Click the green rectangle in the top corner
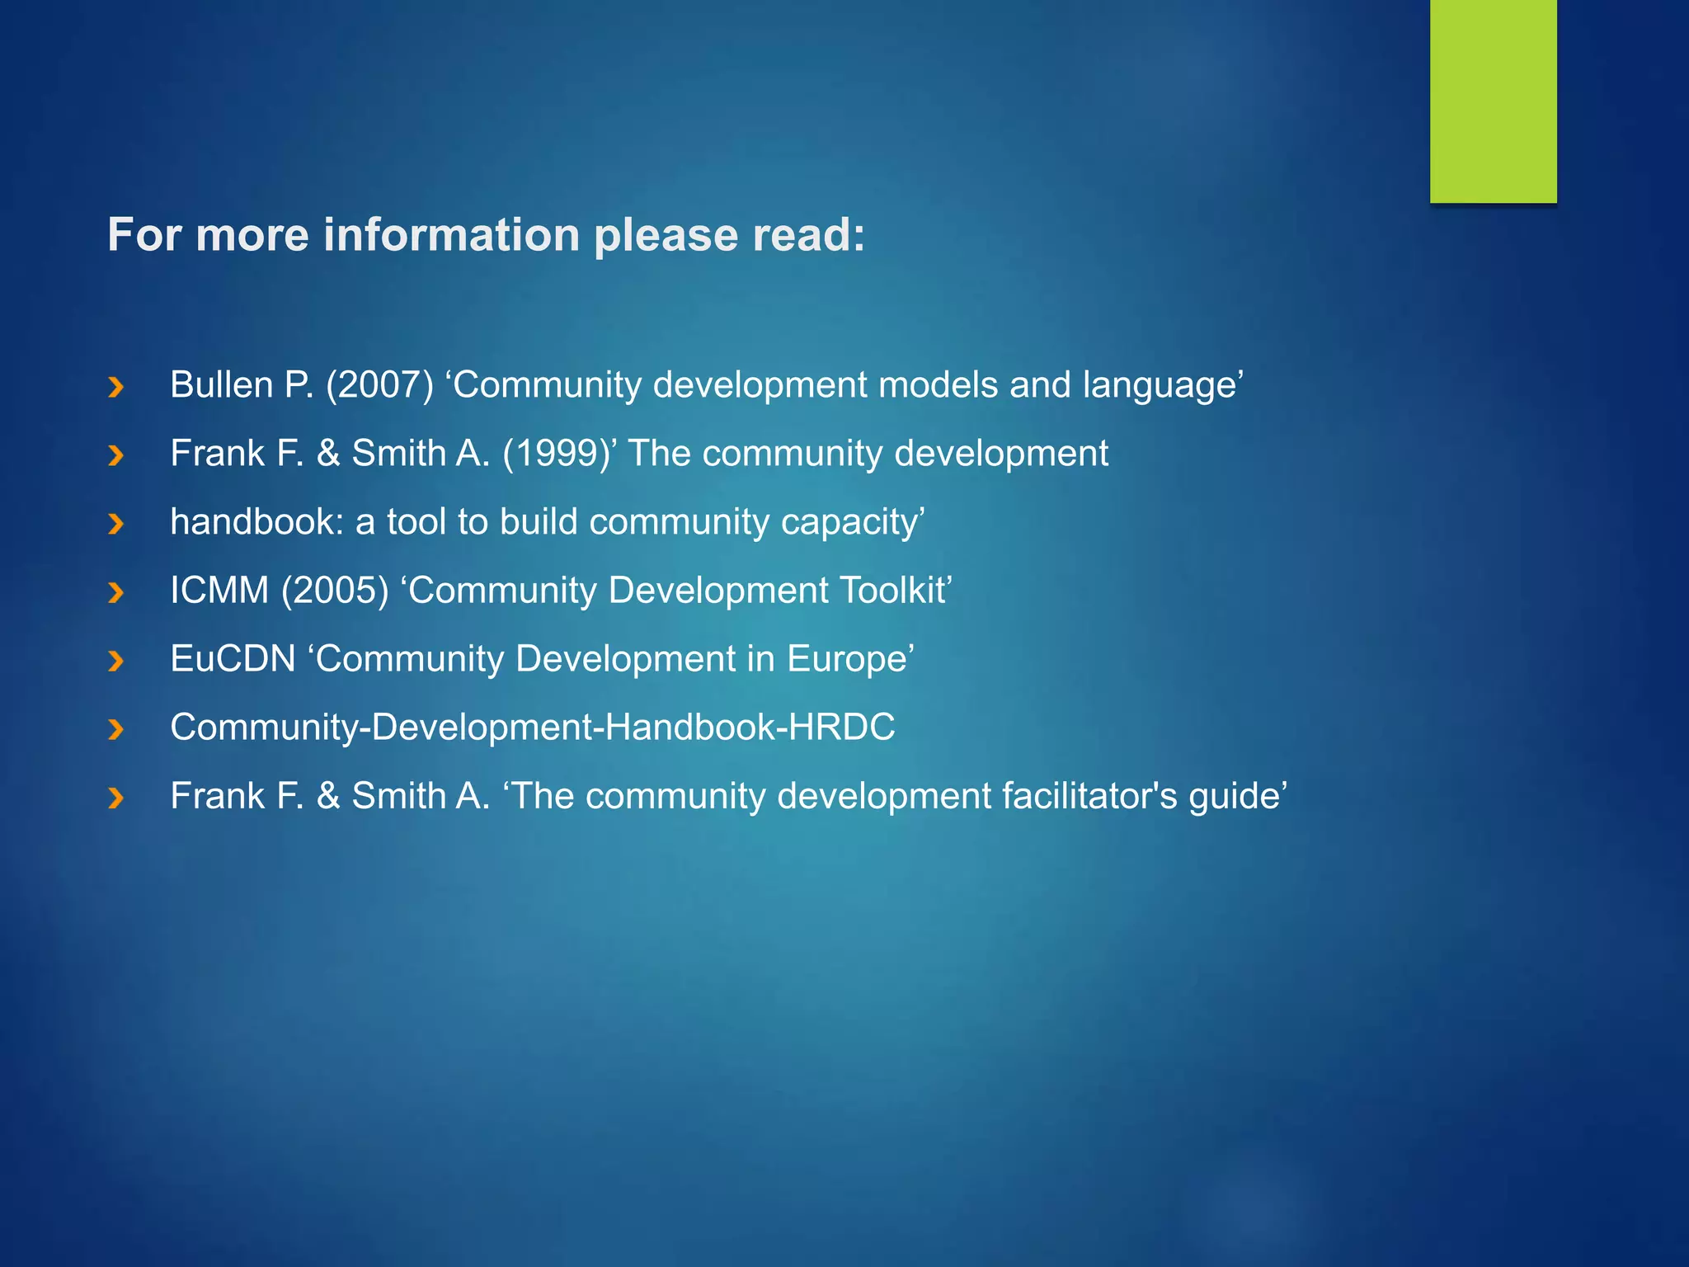[x=1493, y=101]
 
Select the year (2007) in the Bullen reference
[x=379, y=385]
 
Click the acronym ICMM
[x=219, y=591]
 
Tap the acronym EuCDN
[x=233, y=659]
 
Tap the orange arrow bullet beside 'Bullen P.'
[x=116, y=386]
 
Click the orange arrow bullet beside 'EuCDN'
[x=116, y=660]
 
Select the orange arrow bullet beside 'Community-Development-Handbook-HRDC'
[x=116, y=728]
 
